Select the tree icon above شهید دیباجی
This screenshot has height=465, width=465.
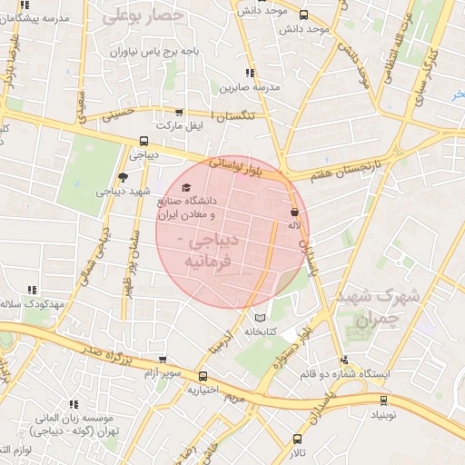pos(124,177)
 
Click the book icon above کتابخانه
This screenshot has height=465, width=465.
pos(262,319)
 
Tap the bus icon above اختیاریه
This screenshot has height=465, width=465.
pos(202,376)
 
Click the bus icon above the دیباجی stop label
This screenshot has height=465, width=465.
pos(143,141)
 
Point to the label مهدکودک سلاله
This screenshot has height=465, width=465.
pos(33,302)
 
